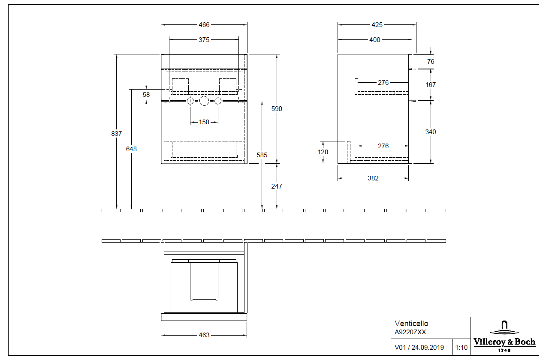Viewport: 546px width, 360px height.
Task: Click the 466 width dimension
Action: click(x=204, y=25)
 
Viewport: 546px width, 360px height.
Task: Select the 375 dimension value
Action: click(x=204, y=40)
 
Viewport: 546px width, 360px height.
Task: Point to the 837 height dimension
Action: click(x=116, y=134)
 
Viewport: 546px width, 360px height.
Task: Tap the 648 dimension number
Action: click(x=131, y=149)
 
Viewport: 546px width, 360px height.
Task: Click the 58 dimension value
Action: click(x=146, y=94)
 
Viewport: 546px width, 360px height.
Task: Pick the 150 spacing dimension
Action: click(x=204, y=122)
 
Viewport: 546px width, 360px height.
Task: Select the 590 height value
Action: click(x=277, y=109)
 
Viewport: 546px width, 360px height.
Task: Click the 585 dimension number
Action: click(x=262, y=155)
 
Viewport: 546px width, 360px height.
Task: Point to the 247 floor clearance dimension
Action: click(x=277, y=186)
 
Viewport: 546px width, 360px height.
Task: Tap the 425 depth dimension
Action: click(x=377, y=25)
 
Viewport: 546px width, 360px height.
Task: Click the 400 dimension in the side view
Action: click(x=374, y=40)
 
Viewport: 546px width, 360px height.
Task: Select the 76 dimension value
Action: click(x=431, y=62)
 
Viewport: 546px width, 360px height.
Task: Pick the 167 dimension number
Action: click(x=431, y=85)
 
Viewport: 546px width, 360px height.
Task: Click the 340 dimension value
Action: click(x=431, y=132)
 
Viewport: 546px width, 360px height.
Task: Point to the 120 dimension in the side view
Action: click(x=323, y=152)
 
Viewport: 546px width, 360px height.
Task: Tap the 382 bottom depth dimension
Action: click(x=373, y=178)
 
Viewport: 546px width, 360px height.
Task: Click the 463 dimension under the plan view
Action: click(x=204, y=335)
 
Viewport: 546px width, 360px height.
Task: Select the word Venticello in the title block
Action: click(x=411, y=324)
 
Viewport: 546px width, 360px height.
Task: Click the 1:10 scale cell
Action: click(x=462, y=348)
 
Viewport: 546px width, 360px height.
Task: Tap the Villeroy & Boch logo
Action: click(x=504, y=336)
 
